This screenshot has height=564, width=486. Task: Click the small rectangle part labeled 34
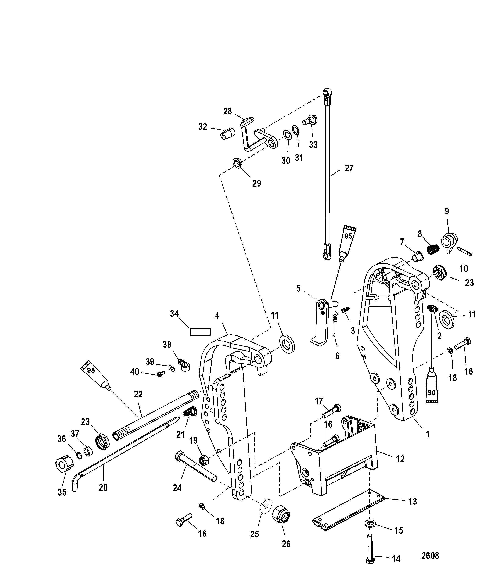(200, 332)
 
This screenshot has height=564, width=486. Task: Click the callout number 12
(400, 459)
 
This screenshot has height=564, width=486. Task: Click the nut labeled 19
(203, 460)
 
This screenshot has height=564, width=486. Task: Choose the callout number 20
(103, 488)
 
